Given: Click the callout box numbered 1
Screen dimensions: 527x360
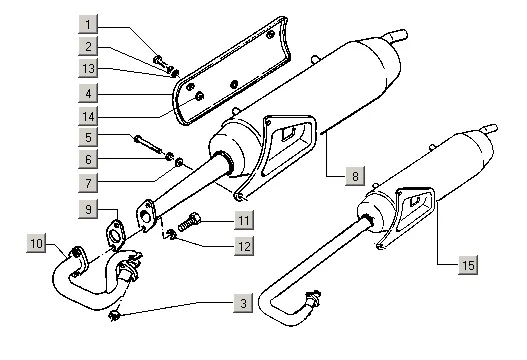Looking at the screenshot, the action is pos(88,24).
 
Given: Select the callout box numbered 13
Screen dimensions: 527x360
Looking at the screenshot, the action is pos(88,69).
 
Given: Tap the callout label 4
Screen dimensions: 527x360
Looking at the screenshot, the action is pos(88,93).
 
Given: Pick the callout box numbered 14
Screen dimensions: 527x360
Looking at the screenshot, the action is pos(88,116).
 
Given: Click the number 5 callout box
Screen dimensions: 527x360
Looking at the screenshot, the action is pos(88,137).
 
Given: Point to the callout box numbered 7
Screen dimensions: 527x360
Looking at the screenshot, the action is pos(88,183).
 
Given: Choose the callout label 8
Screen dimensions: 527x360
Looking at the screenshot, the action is pos(355,176).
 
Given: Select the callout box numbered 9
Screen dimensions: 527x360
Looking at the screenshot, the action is pos(88,209).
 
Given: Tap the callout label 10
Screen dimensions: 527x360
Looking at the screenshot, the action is pos(36,243).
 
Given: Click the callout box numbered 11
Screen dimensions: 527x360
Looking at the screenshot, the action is pos(244,220).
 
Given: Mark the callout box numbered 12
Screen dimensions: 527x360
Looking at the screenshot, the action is pos(244,246).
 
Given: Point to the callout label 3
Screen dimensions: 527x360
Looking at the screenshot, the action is pos(243,303).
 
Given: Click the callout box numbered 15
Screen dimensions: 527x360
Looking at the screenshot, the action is pos(468,265).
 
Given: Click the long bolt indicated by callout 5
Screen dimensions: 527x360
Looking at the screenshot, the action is pos(148,144).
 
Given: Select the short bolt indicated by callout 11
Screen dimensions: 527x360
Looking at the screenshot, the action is pos(189,222).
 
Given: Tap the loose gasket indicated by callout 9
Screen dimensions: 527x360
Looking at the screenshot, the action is pos(116,234).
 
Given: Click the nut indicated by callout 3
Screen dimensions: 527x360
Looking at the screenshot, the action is pos(114,315).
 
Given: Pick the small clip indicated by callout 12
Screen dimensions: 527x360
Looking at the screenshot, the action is pos(171,234).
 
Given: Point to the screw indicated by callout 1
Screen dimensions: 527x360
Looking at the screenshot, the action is pos(161,62).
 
